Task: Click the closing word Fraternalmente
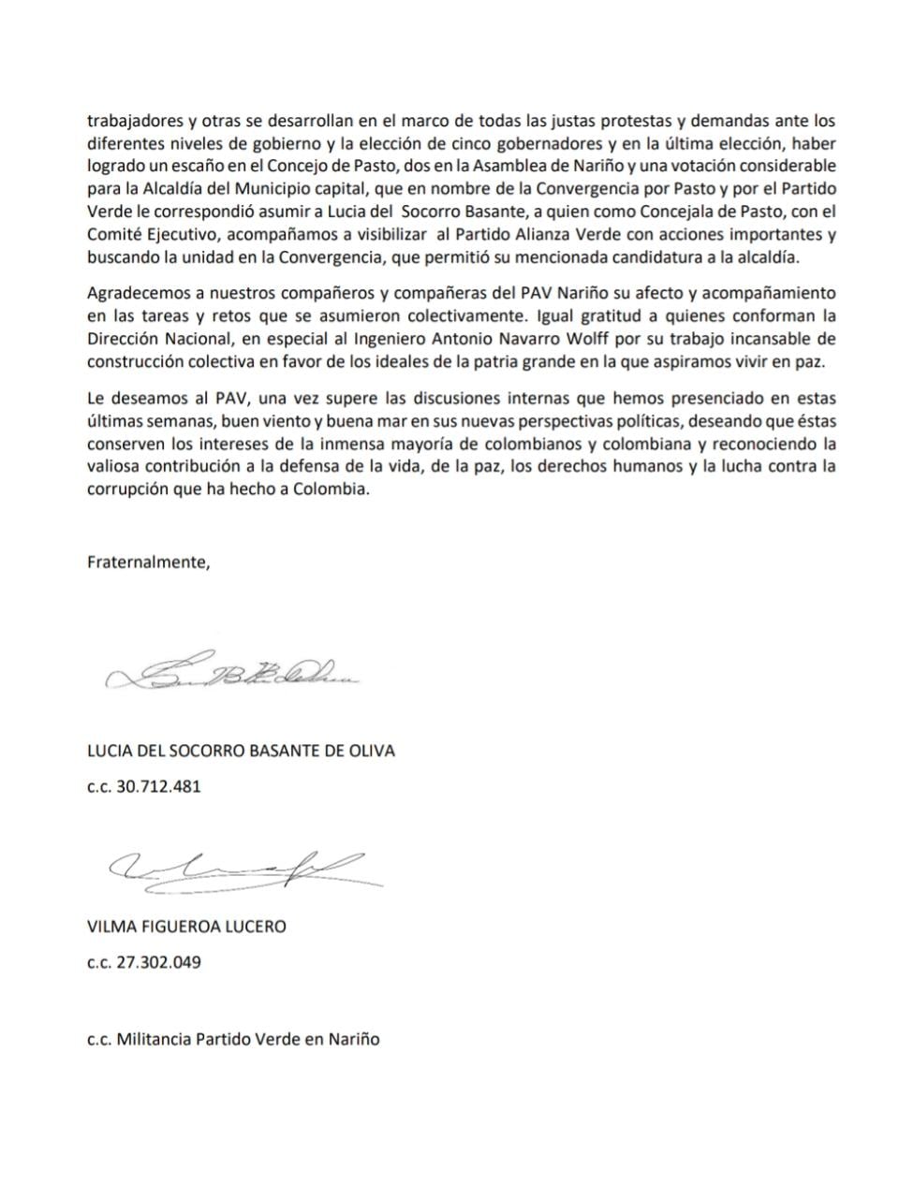[149, 562]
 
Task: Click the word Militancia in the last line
[154, 1039]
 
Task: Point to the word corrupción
[127, 489]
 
